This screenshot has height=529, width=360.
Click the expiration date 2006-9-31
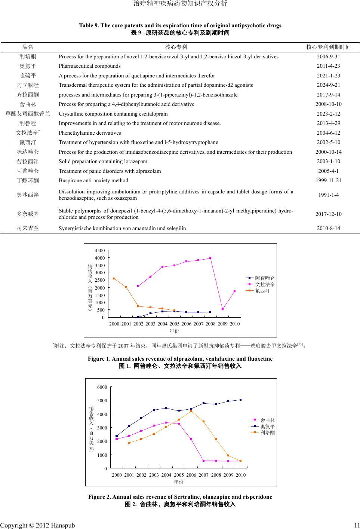[328, 56]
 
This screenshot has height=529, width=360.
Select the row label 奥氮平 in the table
[28, 66]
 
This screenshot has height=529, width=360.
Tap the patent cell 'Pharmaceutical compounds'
[89, 66]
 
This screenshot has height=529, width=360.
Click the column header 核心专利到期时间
[328, 47]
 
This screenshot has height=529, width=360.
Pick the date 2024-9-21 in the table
[328, 85]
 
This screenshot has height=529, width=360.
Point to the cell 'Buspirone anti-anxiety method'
[93, 181]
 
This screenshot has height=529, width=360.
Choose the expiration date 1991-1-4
[328, 195]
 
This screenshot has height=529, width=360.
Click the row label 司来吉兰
[28, 228]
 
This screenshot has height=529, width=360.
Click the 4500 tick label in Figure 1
[100, 251]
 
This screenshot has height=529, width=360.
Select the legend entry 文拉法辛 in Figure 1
[265, 285]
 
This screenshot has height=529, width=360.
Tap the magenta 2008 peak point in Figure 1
[210, 258]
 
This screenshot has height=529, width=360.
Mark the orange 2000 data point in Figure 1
[114, 278]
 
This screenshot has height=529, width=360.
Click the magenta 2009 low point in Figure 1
[222, 309]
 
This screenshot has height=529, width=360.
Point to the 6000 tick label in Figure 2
[102, 387]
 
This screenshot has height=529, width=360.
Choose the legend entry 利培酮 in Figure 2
[267, 433]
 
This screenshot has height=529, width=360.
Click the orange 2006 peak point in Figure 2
[191, 411]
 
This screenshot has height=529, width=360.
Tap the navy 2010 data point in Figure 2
[240, 400]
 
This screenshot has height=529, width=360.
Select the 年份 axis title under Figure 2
[179, 482]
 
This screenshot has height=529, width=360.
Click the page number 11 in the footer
[357, 526]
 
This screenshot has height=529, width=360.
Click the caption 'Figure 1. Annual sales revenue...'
[180, 359]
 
